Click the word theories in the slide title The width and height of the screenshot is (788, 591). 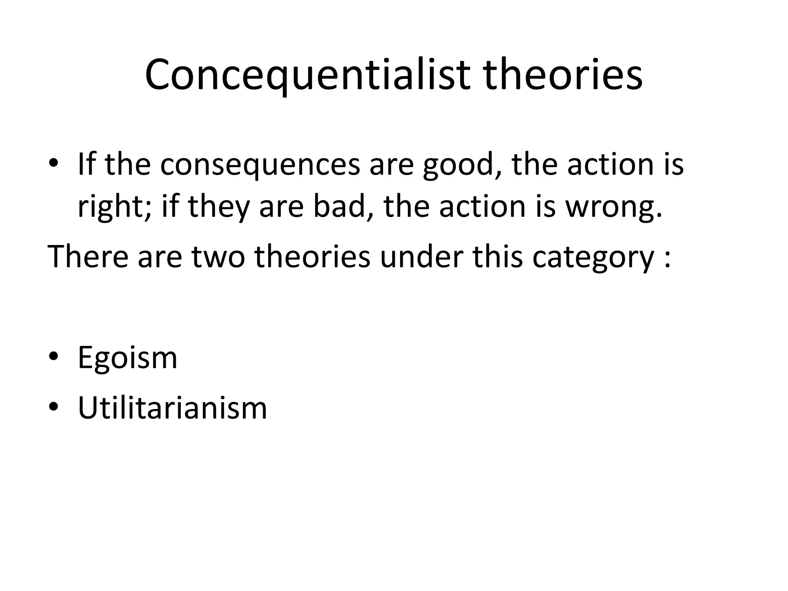[x=563, y=75]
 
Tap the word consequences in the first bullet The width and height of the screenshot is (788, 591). [x=260, y=164]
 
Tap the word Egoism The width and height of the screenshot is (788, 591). [x=127, y=358]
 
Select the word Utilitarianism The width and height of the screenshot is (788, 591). [x=172, y=408]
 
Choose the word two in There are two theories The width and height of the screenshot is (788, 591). [x=218, y=257]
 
